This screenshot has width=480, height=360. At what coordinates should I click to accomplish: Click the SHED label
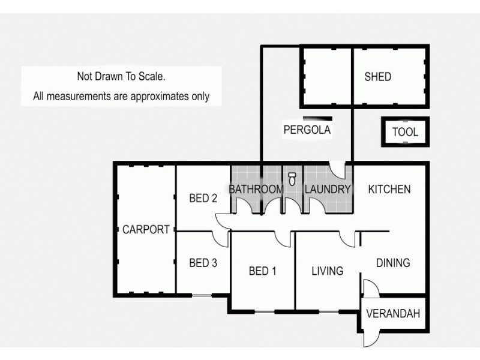377,77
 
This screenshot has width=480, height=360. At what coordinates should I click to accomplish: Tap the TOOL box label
405,133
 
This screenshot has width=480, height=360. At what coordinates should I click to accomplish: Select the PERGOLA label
307,129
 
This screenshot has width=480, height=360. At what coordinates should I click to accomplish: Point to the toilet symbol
292,178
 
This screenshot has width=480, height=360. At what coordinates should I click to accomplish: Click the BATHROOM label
256,190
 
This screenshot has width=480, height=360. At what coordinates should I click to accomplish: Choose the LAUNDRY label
327,190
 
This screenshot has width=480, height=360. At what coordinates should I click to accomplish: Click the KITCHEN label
389,190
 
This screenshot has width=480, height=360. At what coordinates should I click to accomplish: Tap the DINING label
392,263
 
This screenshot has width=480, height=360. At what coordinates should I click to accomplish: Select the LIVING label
327,271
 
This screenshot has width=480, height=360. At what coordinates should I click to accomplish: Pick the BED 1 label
262,271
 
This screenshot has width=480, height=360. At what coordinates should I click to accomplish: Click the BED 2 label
202,199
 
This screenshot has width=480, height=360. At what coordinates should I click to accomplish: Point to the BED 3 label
202,263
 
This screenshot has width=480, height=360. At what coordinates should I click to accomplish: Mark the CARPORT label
146,229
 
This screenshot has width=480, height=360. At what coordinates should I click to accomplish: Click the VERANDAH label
393,313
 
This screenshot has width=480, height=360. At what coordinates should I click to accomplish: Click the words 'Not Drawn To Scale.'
120,76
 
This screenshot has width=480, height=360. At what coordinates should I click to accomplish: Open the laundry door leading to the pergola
340,170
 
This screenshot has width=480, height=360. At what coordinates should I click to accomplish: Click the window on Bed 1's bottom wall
265,310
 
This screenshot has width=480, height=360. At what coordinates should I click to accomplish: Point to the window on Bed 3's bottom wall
202,295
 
